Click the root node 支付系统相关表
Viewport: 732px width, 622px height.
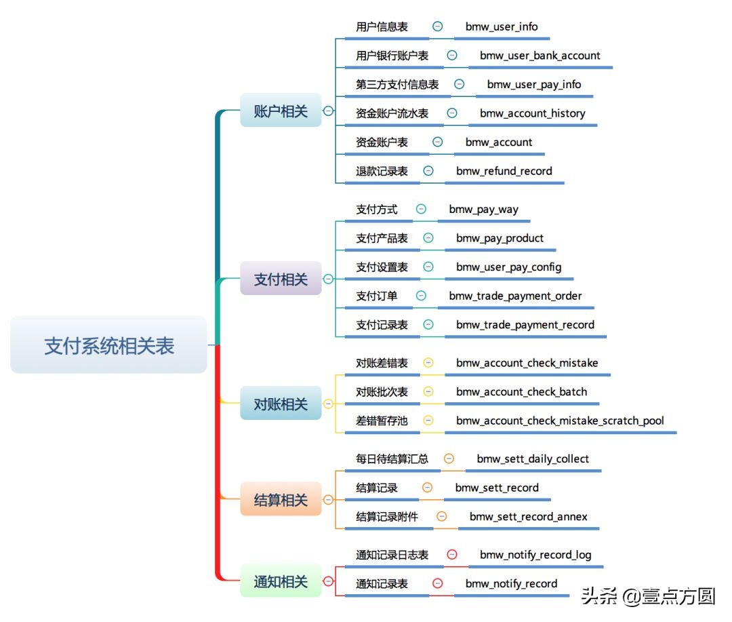108,345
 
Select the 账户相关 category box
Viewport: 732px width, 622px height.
281,111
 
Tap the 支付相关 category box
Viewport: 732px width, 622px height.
281,279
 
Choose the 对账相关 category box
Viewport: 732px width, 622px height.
281,404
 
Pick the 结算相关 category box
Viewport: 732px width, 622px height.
281,501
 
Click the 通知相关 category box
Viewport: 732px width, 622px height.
281,581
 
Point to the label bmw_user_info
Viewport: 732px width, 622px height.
502,26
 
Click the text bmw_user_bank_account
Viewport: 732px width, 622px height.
540,56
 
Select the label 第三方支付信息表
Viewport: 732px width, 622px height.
397,85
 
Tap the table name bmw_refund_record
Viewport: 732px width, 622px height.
504,171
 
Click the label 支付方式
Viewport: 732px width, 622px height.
377,210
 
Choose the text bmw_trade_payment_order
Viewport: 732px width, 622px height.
515,296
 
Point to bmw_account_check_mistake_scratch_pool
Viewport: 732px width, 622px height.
560,421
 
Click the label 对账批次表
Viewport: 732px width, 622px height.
382,392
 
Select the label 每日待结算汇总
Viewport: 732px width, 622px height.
392,459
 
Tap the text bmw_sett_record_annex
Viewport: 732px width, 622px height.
528,517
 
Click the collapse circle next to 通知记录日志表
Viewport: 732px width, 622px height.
452,555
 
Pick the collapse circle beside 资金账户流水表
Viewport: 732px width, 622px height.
452,113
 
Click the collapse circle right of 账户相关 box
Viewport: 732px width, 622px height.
329,111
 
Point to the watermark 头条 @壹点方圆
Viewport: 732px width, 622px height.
648,596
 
